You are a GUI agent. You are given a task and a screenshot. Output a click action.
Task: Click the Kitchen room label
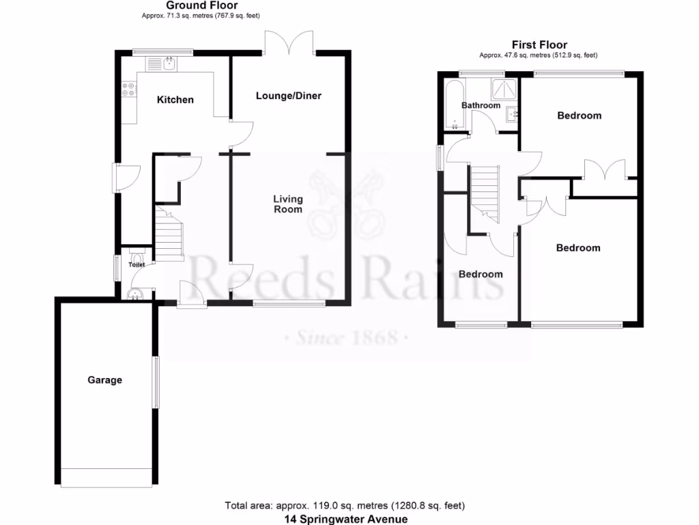coord(175,100)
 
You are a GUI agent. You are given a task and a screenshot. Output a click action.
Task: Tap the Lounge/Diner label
coord(288,96)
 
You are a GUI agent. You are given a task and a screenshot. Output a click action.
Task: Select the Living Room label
coord(288,204)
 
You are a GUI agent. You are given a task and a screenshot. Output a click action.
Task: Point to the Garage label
coord(104,380)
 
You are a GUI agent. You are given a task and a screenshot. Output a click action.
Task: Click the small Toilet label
coord(137,264)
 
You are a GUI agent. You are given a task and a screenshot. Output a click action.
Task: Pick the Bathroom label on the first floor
coord(481,105)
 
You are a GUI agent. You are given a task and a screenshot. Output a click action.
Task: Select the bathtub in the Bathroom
coord(454,103)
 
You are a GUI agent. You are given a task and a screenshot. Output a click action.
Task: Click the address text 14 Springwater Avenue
coord(346,519)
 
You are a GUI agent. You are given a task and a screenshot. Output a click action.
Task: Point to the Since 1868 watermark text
coord(346,338)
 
